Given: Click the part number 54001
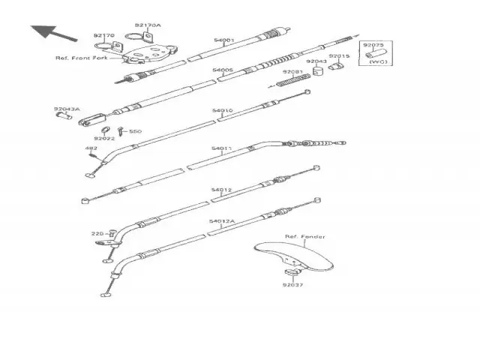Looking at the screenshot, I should (223, 40).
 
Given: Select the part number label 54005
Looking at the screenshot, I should (223, 70).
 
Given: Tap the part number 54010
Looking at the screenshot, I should (222, 110).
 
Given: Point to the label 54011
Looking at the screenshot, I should (221, 149).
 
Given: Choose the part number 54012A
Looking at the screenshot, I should (222, 222).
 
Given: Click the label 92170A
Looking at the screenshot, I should (147, 25).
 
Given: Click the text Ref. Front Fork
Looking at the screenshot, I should (81, 58).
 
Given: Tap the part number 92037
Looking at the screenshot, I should (293, 285).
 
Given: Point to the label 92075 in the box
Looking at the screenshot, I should (373, 45).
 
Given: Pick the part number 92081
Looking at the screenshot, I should (293, 72).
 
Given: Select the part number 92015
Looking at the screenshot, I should (340, 56).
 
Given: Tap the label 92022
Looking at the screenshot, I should (103, 138).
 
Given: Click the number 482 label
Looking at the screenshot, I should (91, 148).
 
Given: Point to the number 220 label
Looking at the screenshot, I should (97, 233).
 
